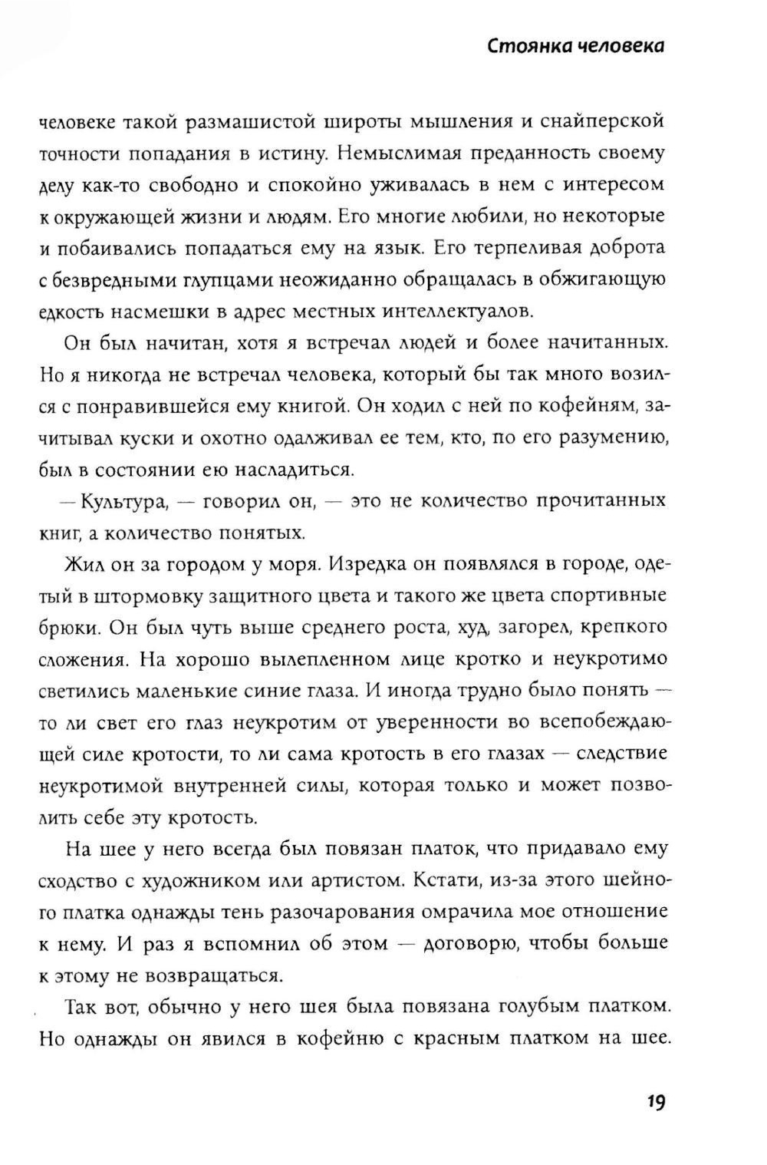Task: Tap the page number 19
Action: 654,1102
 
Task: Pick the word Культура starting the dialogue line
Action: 123,501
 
